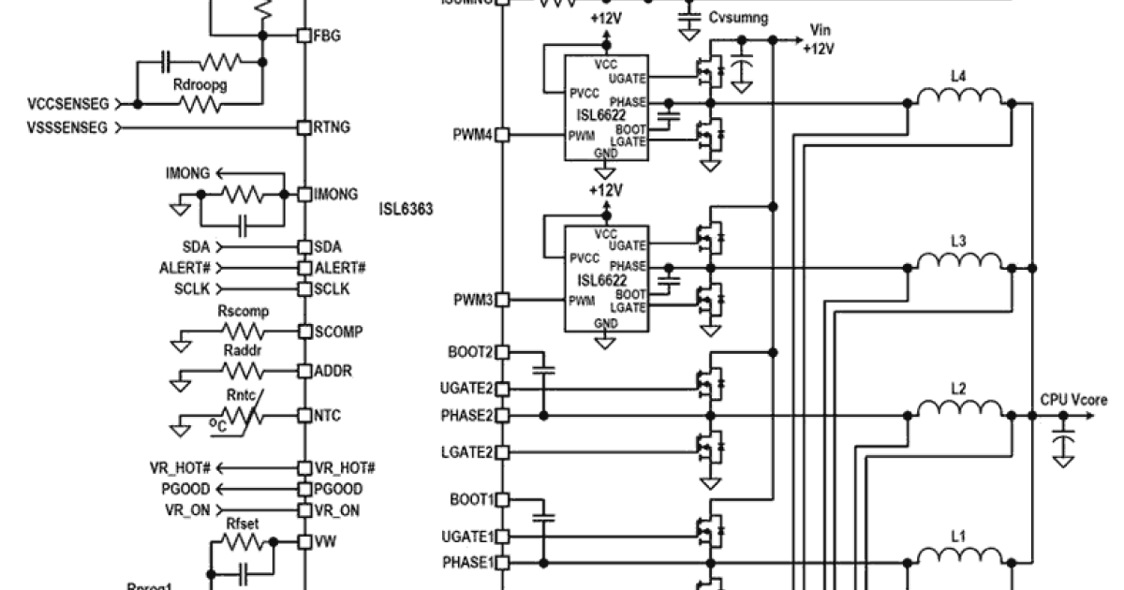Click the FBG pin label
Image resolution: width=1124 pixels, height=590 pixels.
[327, 36]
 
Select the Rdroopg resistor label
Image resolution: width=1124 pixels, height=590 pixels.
[200, 84]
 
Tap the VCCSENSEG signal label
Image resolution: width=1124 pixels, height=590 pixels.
[68, 103]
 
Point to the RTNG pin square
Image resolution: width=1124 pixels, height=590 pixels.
[303, 126]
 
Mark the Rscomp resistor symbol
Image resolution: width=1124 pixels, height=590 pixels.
[243, 332]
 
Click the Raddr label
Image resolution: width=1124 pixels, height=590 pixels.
[241, 350]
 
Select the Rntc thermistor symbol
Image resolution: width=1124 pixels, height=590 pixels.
[242, 415]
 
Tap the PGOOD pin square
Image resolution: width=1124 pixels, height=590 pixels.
[303, 489]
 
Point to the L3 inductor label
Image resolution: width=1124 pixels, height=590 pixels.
[958, 242]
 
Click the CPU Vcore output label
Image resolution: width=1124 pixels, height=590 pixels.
[1073, 400]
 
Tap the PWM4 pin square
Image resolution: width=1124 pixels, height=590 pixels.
[502, 135]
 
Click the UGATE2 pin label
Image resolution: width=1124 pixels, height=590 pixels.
[465, 388]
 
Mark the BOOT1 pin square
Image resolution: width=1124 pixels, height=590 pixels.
[502, 499]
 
